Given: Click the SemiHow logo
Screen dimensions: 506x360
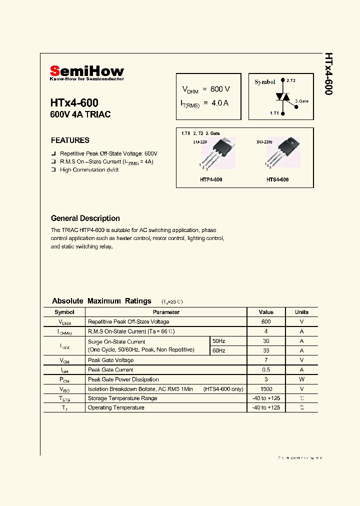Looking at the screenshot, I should [x=86, y=72].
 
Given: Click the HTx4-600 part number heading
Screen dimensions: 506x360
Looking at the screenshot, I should [x=74, y=103].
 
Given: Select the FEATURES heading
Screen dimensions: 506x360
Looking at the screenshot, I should [x=70, y=140].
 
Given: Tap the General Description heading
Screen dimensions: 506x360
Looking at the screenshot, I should [x=85, y=218].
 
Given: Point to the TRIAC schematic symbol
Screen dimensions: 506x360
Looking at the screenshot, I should [x=282, y=97].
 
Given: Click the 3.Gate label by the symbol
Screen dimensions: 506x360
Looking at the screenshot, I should [x=301, y=101].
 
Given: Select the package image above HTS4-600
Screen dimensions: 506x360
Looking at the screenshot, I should [x=285, y=150].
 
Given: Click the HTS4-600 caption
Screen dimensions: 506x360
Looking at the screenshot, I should [x=277, y=179].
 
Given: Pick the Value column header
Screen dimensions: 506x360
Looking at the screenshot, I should [x=266, y=312].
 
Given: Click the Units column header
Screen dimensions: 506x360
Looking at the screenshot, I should [x=301, y=312].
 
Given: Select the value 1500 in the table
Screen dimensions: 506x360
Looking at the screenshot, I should [x=266, y=388].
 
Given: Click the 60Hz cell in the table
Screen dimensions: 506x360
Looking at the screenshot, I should [x=219, y=350].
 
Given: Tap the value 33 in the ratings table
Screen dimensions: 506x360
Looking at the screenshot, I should [x=266, y=350].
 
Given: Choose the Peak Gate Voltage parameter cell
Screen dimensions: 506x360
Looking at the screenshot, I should [x=110, y=360].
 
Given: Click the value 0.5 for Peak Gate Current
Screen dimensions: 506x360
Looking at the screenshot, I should [x=266, y=369].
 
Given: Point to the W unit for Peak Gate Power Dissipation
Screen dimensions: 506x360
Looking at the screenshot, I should [x=301, y=379].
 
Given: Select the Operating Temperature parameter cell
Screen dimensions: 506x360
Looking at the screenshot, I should [x=116, y=407].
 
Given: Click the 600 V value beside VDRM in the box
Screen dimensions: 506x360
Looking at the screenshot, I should [x=220, y=89].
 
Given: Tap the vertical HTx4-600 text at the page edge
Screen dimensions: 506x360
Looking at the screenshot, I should [x=328, y=73].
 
